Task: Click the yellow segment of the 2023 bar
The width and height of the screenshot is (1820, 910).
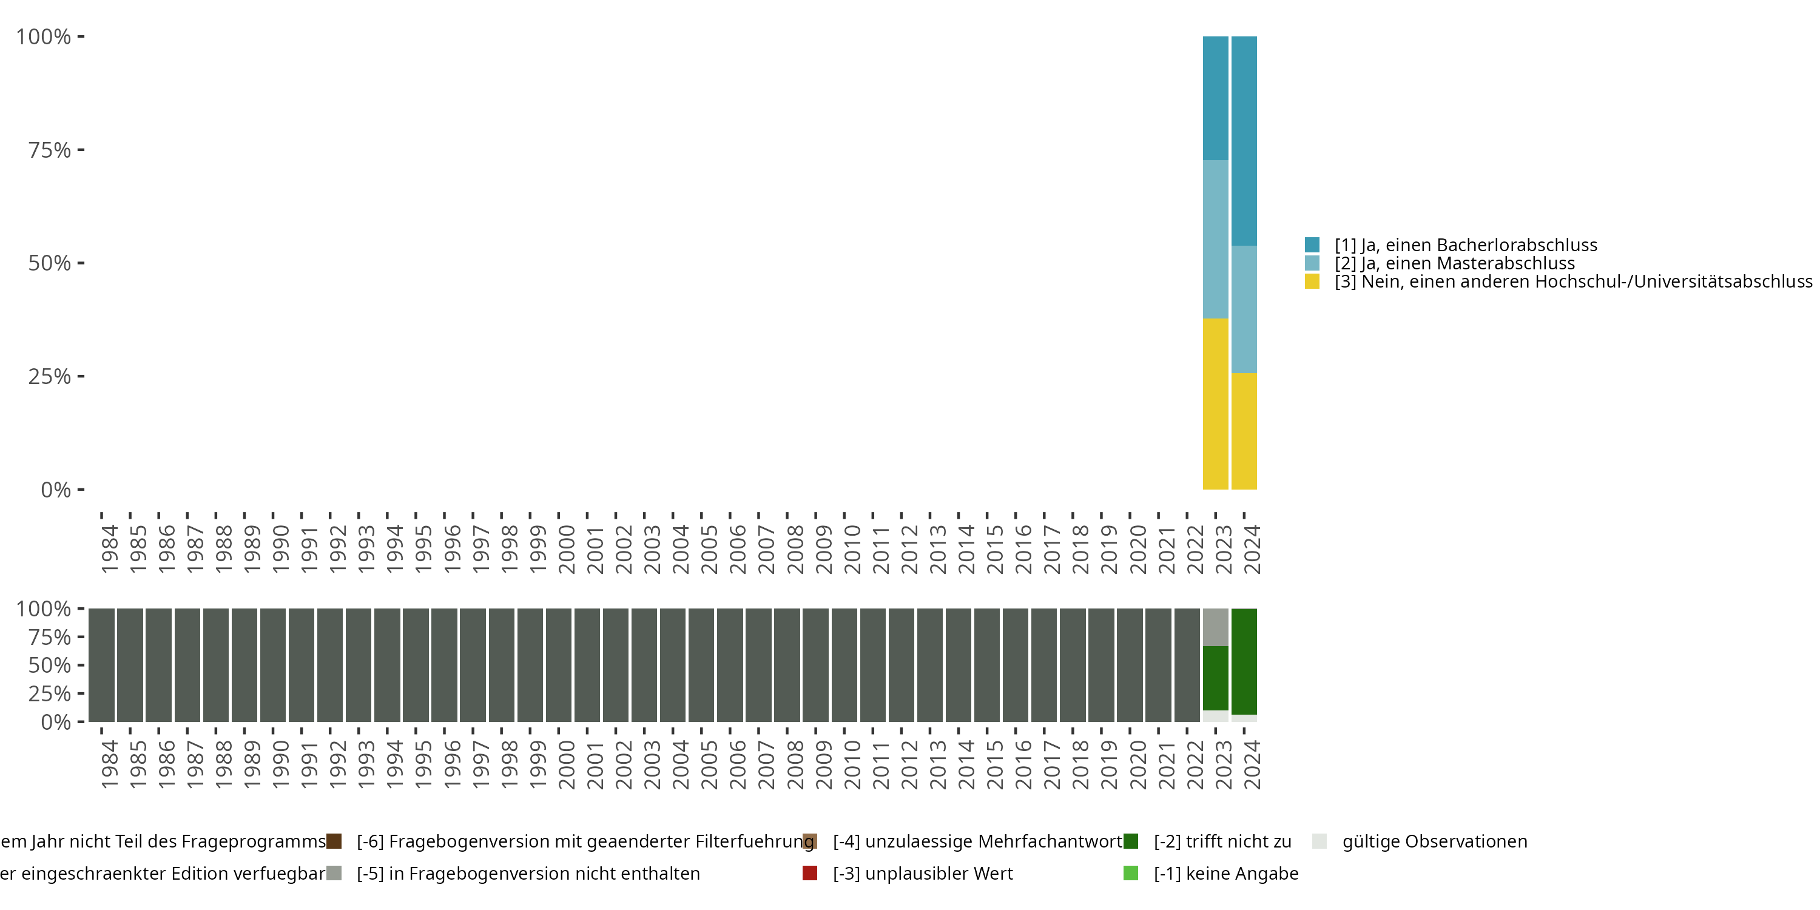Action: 1215,403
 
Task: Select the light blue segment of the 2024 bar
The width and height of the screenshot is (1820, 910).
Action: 1244,309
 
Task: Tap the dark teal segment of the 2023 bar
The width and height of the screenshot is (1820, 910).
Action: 1215,98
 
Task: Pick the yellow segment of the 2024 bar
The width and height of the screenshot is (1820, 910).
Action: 1244,431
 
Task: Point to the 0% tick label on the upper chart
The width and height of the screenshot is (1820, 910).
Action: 56,490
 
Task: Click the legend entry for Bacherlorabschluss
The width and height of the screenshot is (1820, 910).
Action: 1464,245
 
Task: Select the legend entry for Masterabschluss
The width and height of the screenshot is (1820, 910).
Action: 1454,263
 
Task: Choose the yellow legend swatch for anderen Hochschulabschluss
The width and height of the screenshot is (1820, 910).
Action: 1312,282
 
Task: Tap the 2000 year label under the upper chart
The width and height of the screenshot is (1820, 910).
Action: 567,549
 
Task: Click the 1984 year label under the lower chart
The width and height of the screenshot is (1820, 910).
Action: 110,764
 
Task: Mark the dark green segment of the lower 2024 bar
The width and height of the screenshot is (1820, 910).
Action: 1244,661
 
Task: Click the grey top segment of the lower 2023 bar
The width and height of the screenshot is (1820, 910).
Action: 1215,627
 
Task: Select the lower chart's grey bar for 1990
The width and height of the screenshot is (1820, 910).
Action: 273,665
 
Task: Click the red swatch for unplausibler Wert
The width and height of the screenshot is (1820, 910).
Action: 810,873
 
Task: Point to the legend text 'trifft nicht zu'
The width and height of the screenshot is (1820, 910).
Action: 1222,841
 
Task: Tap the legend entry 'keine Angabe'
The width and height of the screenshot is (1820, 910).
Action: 1226,873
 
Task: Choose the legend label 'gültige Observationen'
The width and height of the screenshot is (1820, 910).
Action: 1434,841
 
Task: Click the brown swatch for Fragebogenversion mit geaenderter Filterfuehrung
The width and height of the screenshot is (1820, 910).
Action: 334,841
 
